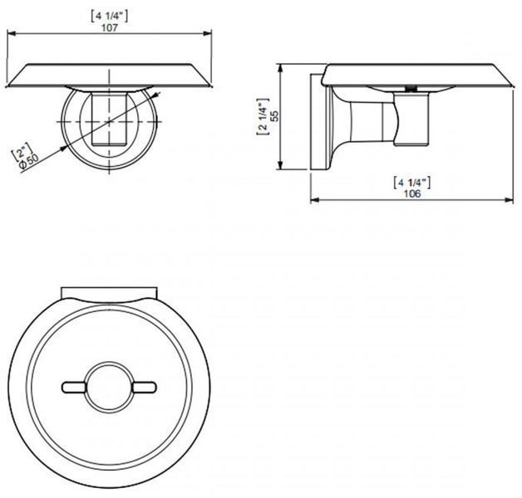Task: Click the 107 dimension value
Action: [110, 27]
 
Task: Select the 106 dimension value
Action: [412, 193]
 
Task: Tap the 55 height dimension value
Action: [274, 115]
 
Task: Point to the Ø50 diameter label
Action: [29, 162]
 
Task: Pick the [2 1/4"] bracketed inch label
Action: [263, 116]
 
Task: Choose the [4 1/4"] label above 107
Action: [110, 17]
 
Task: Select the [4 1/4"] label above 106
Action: [411, 183]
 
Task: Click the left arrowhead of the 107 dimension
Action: [12, 33]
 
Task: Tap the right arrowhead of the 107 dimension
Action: [208, 33]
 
